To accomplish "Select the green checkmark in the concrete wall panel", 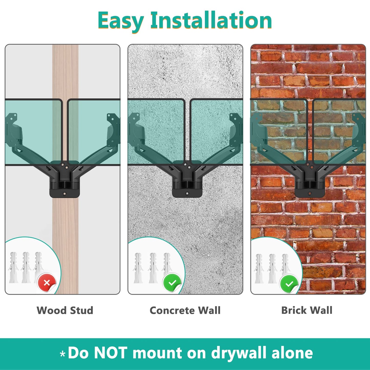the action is pos(172,283).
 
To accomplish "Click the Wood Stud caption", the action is pos(65,310).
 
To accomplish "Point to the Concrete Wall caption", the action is pos(185,310).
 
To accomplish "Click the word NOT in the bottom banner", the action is pos(111,353).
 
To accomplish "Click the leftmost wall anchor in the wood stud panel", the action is pos(13,268).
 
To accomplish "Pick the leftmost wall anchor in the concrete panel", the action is pos(138,268).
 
